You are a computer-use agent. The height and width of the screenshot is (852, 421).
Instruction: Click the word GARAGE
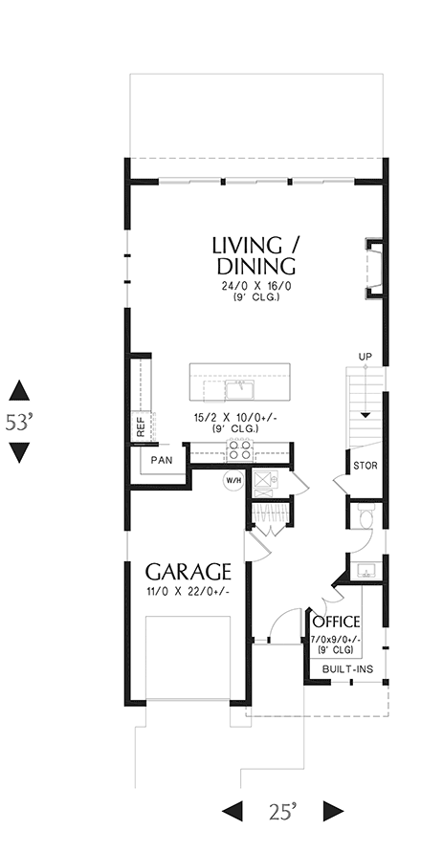pos(188,572)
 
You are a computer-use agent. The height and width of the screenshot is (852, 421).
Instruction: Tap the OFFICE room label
pos(335,622)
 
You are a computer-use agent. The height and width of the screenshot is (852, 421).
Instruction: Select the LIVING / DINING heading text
pos(254,254)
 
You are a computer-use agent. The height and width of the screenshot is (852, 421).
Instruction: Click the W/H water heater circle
pos(233,480)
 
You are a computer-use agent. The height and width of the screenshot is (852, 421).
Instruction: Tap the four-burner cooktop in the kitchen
pos(237,448)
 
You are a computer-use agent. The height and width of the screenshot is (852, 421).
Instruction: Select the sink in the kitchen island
pos(238,389)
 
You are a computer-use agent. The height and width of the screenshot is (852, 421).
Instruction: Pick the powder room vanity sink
pos(364,571)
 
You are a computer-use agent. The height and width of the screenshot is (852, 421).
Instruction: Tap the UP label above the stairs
pos(365,358)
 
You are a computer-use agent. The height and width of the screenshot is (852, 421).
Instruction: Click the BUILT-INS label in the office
pos(346,669)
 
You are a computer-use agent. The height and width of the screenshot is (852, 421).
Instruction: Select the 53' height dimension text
pos(19,422)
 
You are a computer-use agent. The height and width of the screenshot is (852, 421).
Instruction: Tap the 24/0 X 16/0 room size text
pos(254,285)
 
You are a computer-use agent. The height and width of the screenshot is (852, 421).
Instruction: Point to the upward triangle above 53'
pos(19,390)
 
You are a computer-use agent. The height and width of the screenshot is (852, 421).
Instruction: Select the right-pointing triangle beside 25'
pos(332,812)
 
